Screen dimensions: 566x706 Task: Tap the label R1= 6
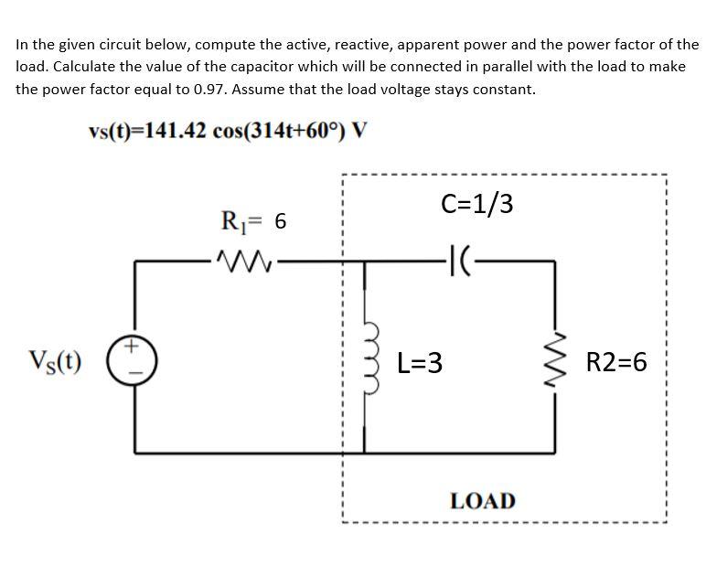tap(254, 220)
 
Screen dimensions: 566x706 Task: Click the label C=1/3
tap(476, 204)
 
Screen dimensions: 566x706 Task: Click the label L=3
tap(422, 363)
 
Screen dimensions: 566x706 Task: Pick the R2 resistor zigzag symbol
tap(555, 362)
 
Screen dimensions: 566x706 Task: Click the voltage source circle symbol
tap(137, 359)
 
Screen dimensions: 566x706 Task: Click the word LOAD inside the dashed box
tap(482, 501)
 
